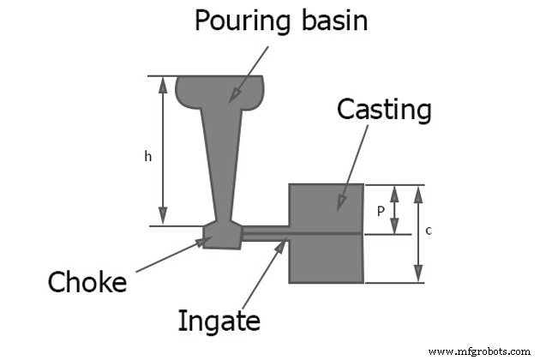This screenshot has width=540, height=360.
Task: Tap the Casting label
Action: [x=384, y=110]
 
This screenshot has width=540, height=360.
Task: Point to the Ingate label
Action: [x=219, y=321]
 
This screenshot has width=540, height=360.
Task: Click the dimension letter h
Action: [x=147, y=156]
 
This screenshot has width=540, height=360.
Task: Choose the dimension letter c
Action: [x=428, y=230]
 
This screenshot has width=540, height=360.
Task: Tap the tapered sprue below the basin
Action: [x=220, y=163]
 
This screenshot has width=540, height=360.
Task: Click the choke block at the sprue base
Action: [x=223, y=234]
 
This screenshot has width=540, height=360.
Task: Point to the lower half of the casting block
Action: [x=327, y=258]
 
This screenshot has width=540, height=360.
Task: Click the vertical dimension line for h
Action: [x=163, y=151]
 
